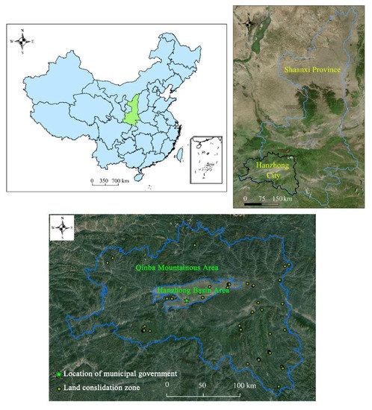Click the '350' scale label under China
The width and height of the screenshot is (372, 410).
[105, 181]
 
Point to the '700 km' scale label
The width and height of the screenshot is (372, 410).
[123, 181]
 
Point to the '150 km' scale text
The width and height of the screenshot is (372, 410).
[281, 200]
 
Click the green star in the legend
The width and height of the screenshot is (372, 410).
[58, 373]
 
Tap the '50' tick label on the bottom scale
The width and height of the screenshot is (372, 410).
[202, 385]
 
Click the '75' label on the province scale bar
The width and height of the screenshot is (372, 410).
[262, 200]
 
